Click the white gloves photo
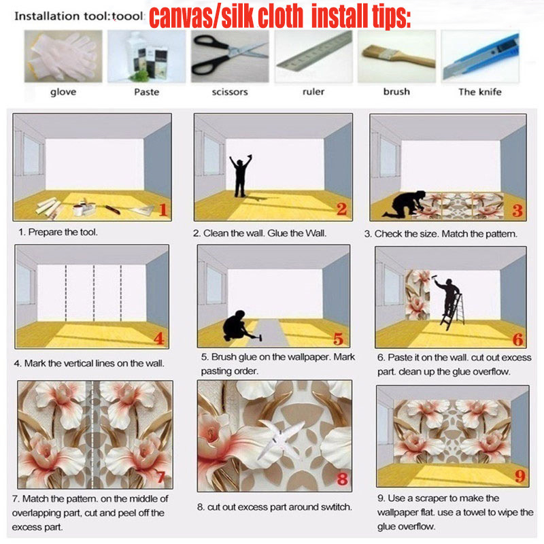point(63,56)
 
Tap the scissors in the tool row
point(230,56)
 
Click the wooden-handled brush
point(398,56)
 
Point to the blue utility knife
point(481,56)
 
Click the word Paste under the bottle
point(147,92)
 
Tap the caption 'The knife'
point(480,92)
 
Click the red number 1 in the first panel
point(163,209)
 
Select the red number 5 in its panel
point(338,339)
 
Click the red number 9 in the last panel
point(520,475)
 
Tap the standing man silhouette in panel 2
point(240,176)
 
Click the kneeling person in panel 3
point(404,204)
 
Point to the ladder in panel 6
point(453,312)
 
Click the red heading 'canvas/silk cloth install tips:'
point(280,16)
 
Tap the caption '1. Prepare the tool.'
point(58,232)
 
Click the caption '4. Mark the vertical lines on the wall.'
point(89,363)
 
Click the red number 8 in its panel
point(342,479)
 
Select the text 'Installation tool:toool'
point(79,16)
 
